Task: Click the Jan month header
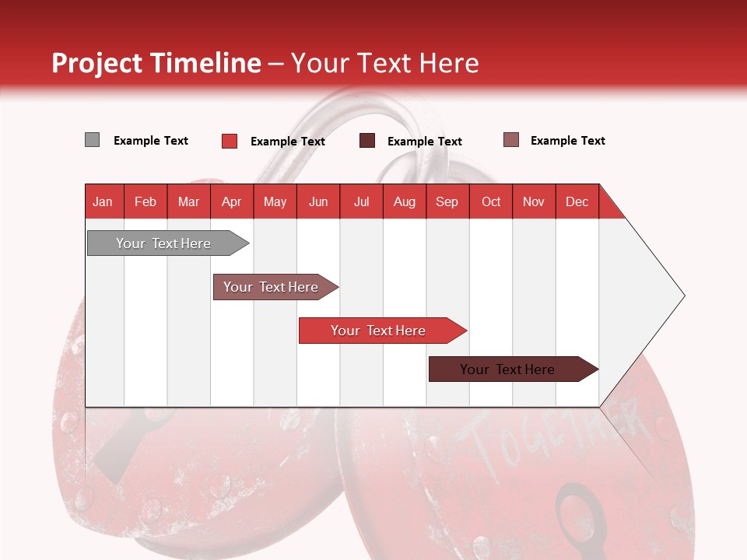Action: point(103,202)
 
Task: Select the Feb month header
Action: point(146,202)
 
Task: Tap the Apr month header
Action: point(232,202)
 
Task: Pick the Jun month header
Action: point(318,202)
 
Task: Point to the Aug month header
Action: point(405,202)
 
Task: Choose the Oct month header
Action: point(491,202)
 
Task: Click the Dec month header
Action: point(577,202)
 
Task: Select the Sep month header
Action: point(447,202)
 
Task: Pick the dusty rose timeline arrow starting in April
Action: point(275,287)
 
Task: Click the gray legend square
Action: point(92,140)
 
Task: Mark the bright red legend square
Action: point(230,141)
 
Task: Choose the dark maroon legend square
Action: point(366,141)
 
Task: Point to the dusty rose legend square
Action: point(511,140)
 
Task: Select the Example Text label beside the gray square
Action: point(150,141)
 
